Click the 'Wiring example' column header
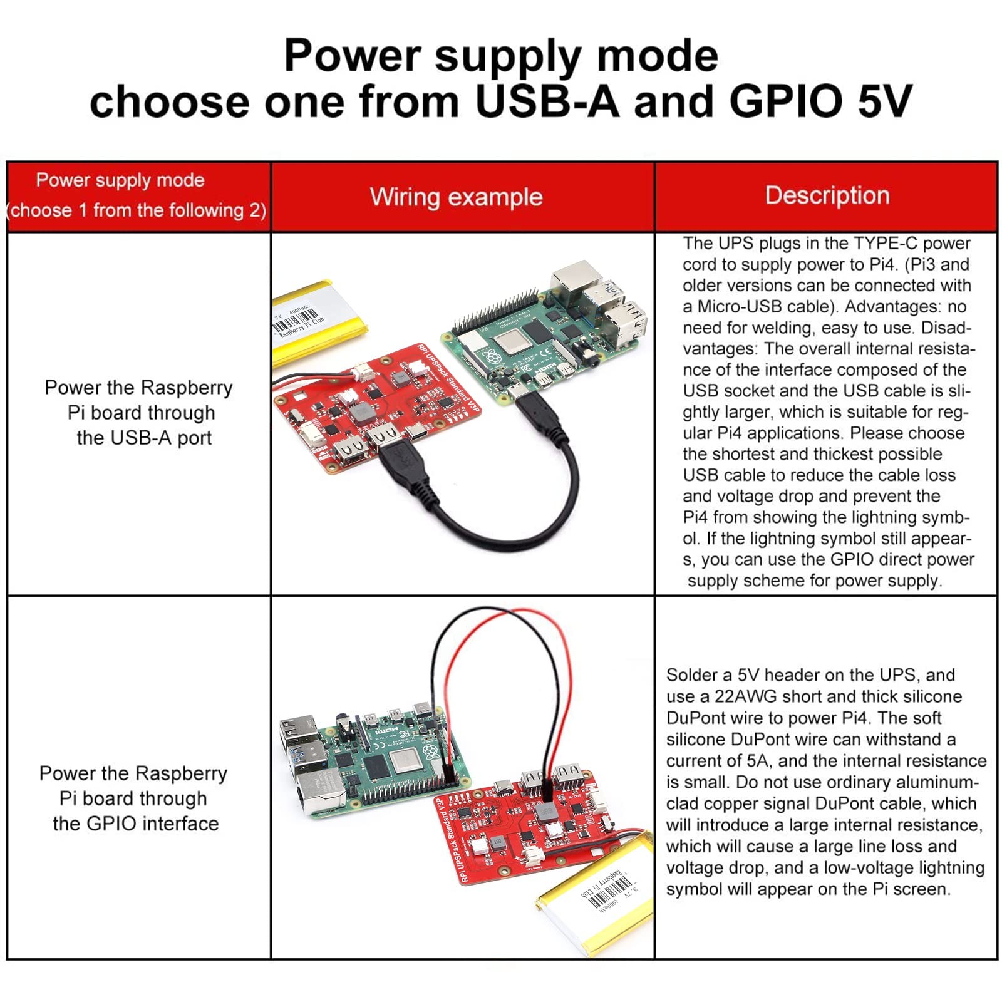tap(456, 197)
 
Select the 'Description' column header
tap(827, 195)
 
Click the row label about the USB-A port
tap(139, 413)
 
